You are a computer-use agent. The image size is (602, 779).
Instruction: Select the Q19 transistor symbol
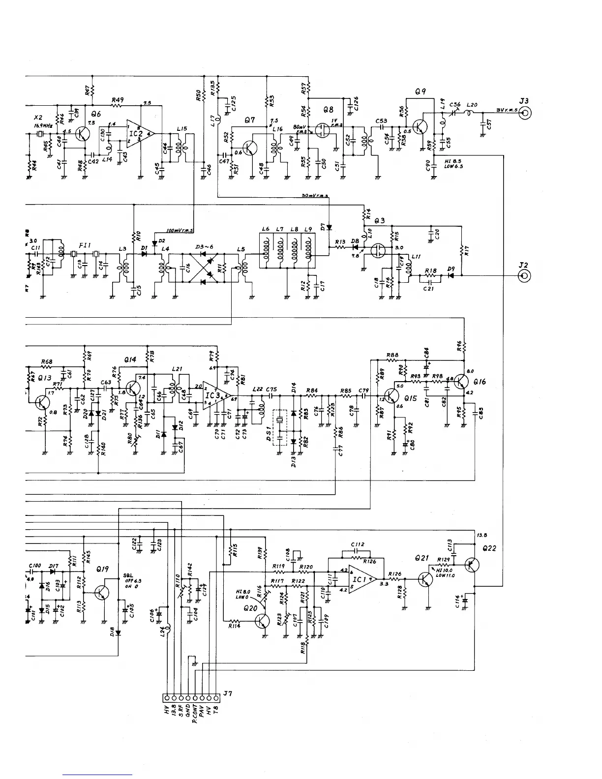102,592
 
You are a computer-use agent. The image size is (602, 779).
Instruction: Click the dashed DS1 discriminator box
280,427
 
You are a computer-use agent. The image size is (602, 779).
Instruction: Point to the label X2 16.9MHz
39,122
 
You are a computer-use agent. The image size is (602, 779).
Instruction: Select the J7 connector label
227,693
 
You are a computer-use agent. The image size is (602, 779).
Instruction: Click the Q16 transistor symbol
461,382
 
